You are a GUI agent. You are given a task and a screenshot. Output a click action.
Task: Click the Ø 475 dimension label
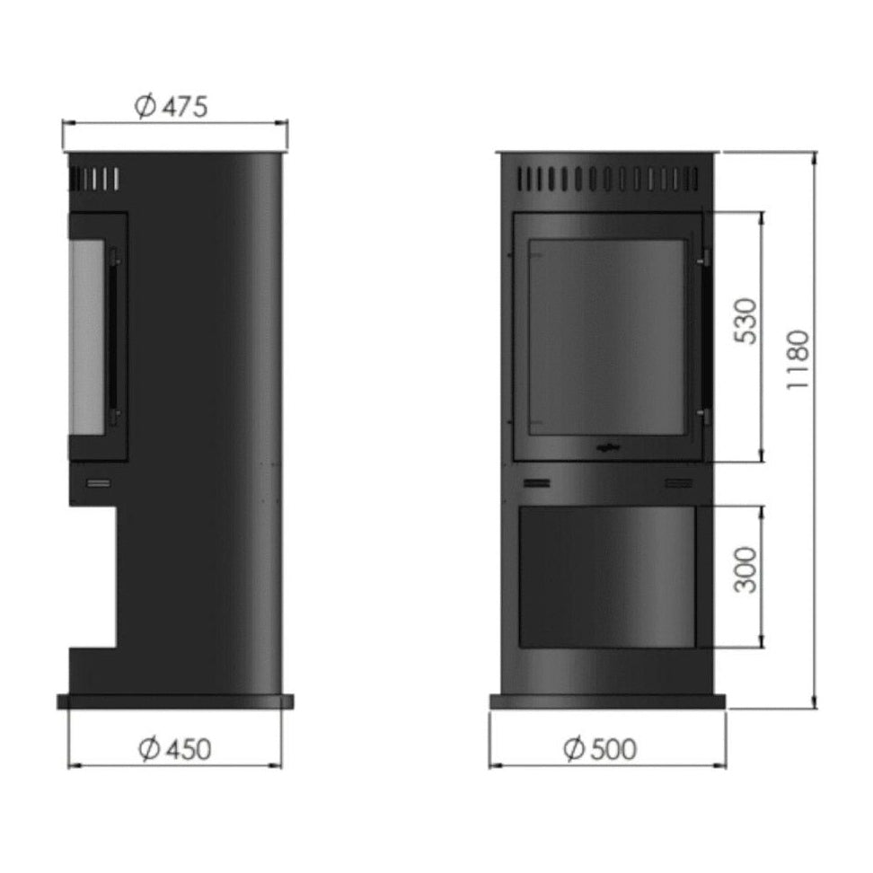click(x=171, y=106)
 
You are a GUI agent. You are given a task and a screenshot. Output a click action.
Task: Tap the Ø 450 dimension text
click(x=175, y=749)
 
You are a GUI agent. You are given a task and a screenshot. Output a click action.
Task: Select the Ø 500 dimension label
click(x=600, y=749)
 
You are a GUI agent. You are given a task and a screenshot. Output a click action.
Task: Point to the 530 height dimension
click(x=746, y=322)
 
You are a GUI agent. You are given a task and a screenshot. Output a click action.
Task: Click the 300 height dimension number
click(x=746, y=569)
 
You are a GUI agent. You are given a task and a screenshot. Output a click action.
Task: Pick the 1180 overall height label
click(x=798, y=359)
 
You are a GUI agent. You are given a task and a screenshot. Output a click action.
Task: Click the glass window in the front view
click(x=606, y=338)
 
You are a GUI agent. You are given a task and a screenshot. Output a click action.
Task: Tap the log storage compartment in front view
click(x=607, y=577)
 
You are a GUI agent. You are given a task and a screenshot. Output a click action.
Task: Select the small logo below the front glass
click(x=607, y=446)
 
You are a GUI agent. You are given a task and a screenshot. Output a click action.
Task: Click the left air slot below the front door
click(x=537, y=482)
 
